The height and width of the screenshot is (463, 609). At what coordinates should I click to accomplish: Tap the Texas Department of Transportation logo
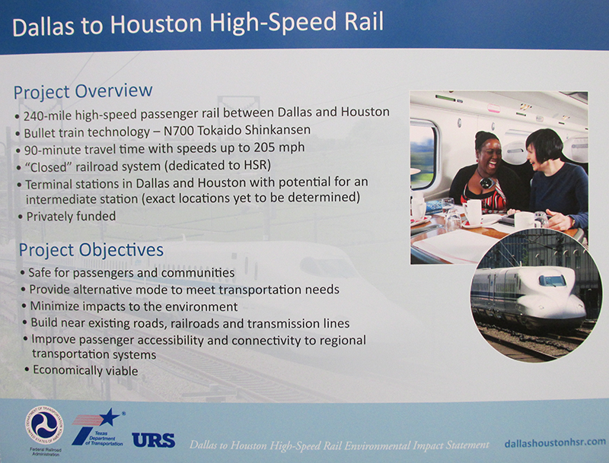pos(98,427)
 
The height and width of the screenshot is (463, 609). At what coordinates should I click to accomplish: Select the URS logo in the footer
pos(154,439)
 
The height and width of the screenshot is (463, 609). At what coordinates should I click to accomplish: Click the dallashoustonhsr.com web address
pos(555,442)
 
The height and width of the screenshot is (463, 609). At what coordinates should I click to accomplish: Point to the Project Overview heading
pos(83,91)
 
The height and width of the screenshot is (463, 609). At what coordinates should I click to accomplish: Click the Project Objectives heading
pos(91,250)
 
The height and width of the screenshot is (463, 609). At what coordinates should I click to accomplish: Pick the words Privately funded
pos(71,217)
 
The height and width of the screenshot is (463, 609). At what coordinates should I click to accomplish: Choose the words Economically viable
pos(85,370)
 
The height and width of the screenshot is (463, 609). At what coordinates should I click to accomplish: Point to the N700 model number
pos(179,131)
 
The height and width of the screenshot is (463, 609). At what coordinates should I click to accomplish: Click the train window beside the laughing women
pos(424,155)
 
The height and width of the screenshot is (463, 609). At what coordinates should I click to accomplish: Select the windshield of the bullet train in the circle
pos(552,281)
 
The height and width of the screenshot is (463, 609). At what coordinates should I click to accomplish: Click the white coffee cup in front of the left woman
pos(473,211)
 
